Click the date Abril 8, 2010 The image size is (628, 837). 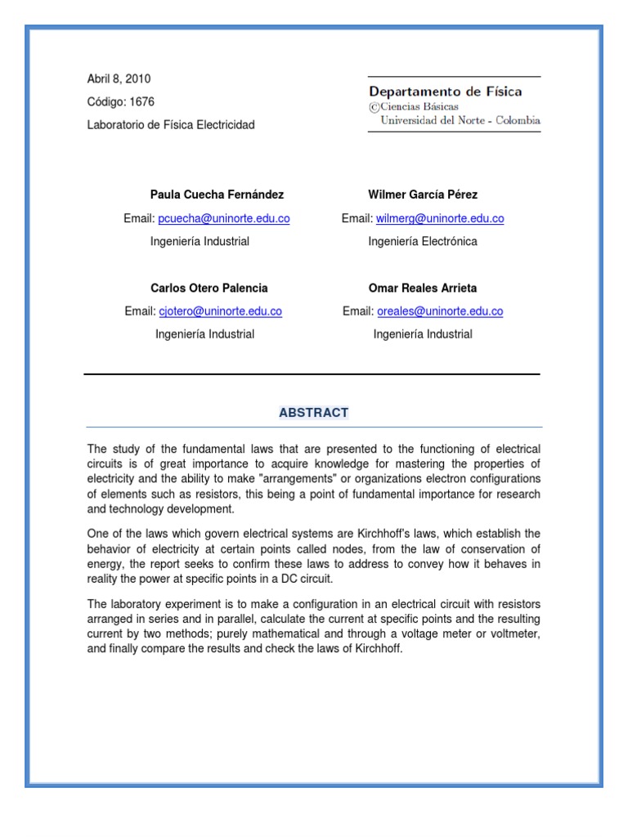[x=119, y=79]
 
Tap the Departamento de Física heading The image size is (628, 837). [x=445, y=92]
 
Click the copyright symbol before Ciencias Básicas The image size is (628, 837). [x=374, y=106]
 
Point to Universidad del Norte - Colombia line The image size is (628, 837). [x=460, y=120]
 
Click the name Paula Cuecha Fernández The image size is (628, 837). [x=217, y=195]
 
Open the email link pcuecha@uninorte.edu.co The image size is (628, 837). [x=224, y=218]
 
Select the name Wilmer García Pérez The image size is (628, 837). [x=423, y=195]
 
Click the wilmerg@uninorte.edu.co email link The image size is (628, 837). [x=440, y=218]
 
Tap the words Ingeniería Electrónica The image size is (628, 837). [x=423, y=241]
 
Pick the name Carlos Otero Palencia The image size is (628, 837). [x=209, y=288]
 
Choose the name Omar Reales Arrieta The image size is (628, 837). [x=423, y=288]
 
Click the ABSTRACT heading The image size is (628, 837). [x=313, y=413]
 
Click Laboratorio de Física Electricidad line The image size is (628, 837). [x=171, y=125]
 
